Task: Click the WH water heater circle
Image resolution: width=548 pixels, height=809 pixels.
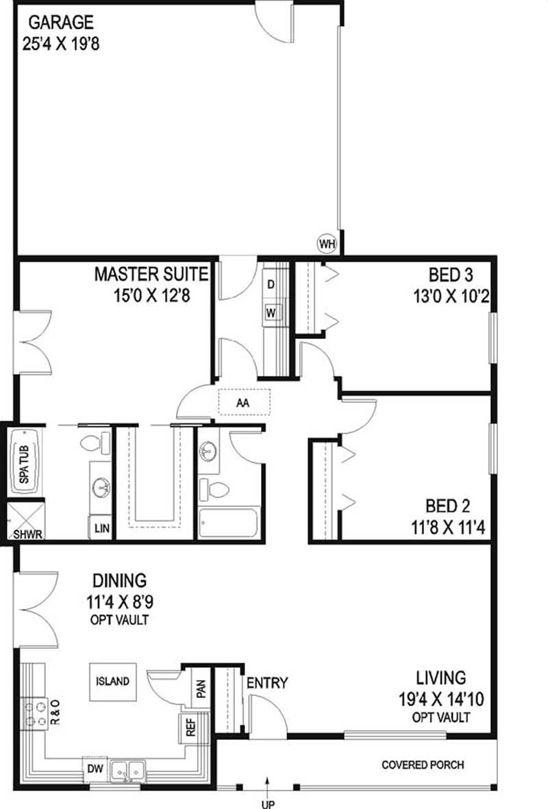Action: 327,242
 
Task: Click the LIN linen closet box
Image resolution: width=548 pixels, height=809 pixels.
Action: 101,529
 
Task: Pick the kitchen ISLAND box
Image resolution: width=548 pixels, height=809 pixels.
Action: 112,681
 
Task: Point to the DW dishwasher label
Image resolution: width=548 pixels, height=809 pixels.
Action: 95,769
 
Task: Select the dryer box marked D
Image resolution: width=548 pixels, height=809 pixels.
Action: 271,284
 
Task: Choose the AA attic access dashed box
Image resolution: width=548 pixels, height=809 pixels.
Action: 243,402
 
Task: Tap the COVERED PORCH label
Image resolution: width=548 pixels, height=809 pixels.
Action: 422,764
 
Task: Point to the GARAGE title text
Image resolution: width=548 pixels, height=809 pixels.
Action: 61,22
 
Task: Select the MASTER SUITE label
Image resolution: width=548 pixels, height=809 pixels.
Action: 151,275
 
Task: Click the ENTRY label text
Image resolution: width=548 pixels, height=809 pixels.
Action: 267,683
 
